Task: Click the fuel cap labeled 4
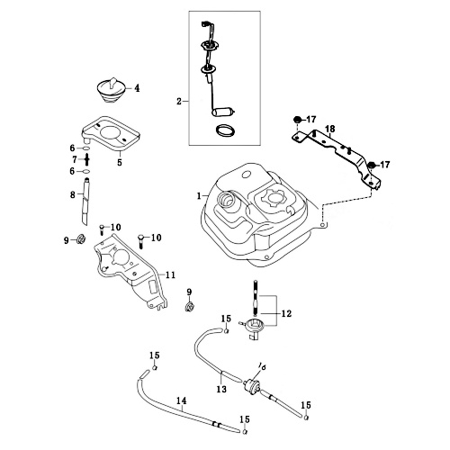point(111,90)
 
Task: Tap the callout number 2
point(179,102)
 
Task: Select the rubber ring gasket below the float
point(226,130)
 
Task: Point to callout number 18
point(330,129)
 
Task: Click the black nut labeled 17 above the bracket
point(297,119)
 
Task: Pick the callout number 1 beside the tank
point(199,196)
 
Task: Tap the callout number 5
point(120,163)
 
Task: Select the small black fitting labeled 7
point(87,159)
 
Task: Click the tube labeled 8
point(85,202)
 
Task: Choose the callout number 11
point(170,274)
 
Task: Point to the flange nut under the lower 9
point(189,307)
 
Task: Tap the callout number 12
point(286,314)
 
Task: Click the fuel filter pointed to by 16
point(252,385)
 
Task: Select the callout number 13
point(221,390)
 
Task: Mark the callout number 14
point(181,400)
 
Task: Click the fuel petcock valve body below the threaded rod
point(254,328)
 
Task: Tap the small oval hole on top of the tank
point(246,174)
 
